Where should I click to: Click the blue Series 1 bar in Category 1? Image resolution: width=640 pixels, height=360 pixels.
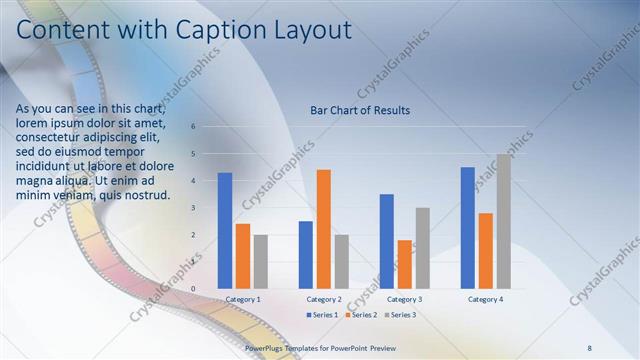pyautogui.click(x=225, y=231)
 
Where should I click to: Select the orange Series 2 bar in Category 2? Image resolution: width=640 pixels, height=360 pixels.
pyautogui.click(x=324, y=229)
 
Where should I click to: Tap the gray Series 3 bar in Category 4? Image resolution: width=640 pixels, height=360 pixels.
pyautogui.click(x=503, y=221)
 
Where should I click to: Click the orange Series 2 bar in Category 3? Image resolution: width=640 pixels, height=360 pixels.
pyautogui.click(x=405, y=264)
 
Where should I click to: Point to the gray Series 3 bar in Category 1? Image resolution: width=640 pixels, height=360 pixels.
pyautogui.click(x=261, y=262)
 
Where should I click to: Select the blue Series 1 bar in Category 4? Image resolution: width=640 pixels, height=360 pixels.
pyautogui.click(x=467, y=228)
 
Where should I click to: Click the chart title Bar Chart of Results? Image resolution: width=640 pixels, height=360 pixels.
pyautogui.click(x=360, y=110)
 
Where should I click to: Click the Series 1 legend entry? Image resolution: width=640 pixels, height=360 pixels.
pyautogui.click(x=322, y=315)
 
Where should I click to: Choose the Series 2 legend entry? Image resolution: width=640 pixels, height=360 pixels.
pyautogui.click(x=360, y=315)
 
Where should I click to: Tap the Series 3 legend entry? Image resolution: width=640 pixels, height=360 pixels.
pyautogui.click(x=400, y=315)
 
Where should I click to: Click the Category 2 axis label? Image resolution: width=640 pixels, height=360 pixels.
pyautogui.click(x=324, y=299)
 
